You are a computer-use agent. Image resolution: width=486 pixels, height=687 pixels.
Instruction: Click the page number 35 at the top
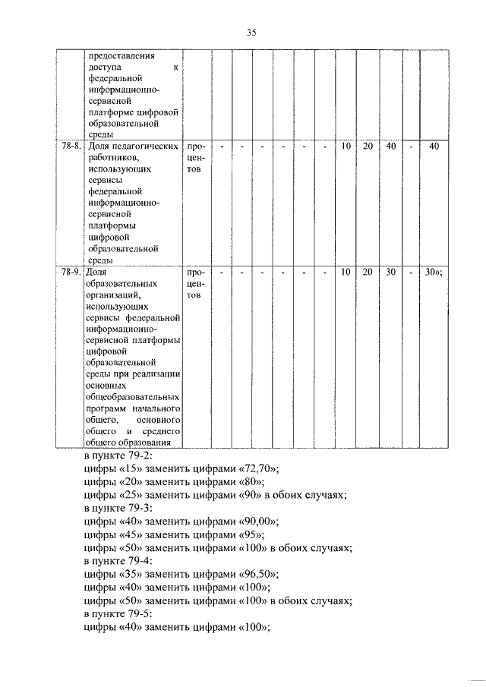(251, 32)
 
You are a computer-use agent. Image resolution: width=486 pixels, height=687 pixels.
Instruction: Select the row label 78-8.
(72, 146)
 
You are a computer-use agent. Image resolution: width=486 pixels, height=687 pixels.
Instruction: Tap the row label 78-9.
(72, 272)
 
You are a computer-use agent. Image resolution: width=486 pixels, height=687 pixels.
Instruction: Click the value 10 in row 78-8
(346, 146)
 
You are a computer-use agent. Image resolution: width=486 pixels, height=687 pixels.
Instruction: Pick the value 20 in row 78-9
(368, 272)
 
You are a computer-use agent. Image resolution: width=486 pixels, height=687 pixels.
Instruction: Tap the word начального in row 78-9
(155, 408)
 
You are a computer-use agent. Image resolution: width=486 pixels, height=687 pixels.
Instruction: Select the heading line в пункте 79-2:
(118, 455)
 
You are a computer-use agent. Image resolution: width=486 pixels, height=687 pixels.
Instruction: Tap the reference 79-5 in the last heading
(140, 613)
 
